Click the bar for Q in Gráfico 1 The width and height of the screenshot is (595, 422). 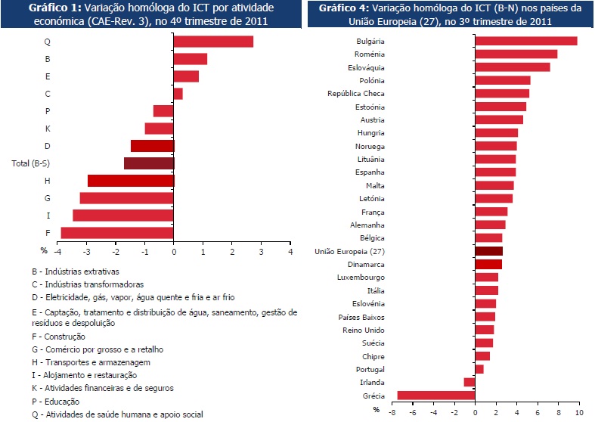(x=213, y=42)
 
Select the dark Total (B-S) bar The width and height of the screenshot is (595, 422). (x=149, y=163)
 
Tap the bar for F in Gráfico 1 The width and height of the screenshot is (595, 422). (x=117, y=232)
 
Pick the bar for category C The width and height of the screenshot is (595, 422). (x=178, y=94)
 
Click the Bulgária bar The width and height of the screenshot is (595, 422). (x=525, y=41)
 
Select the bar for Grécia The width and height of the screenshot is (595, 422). (x=435, y=395)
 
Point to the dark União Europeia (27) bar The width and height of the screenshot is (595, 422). (x=488, y=250)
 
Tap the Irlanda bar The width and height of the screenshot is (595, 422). (x=469, y=382)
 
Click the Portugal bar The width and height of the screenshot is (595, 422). (x=479, y=369)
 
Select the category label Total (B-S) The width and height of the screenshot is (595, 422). (x=30, y=163)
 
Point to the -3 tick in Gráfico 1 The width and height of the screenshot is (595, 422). (x=87, y=251)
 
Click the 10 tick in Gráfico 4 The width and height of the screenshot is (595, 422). (x=579, y=414)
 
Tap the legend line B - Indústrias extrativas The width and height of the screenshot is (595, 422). (x=93, y=271)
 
